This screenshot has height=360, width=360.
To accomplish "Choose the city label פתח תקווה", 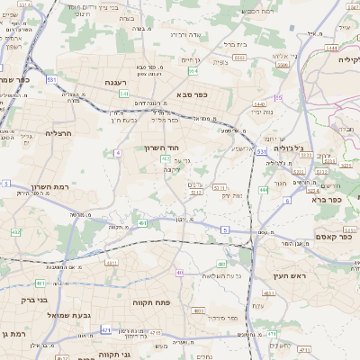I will (151, 303).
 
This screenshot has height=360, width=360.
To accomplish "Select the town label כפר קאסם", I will (334, 237).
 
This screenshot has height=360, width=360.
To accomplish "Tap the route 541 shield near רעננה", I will (123, 94).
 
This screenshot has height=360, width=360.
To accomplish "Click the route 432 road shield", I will (16, 232).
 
